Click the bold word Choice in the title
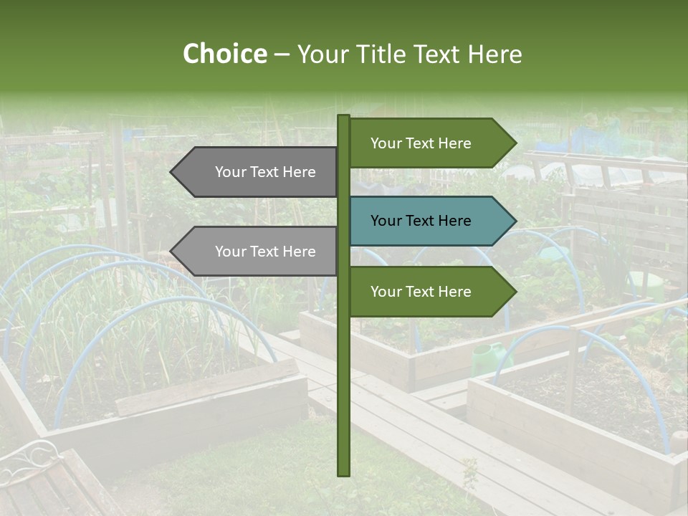(224, 54)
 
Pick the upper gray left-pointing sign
(258, 172)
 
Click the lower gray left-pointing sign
(258, 252)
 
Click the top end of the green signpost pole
(343, 117)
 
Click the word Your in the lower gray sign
(230, 252)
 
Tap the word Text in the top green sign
(421, 143)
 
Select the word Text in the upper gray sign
(265, 172)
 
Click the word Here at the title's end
(495, 54)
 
